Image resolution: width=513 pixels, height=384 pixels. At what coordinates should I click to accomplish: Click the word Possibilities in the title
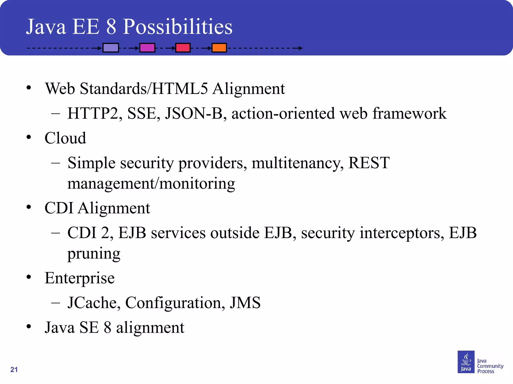[x=177, y=27]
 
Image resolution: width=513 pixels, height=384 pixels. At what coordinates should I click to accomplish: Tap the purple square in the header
[x=111, y=47]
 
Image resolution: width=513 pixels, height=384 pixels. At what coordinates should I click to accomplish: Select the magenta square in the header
[x=147, y=47]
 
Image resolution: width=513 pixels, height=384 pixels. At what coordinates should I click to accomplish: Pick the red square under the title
[x=183, y=47]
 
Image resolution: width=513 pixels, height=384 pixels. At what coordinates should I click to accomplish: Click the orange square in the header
[x=219, y=47]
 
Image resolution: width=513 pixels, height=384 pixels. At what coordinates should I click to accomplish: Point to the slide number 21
[x=14, y=369]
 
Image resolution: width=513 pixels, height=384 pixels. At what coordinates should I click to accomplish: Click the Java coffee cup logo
[x=466, y=362]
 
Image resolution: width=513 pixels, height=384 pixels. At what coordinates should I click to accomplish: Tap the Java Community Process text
[x=490, y=366]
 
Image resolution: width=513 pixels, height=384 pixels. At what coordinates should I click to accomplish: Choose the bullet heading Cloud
[x=65, y=138]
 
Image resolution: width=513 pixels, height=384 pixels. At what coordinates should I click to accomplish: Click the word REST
[x=369, y=163]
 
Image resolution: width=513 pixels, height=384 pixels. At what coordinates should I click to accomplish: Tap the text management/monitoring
[x=151, y=183]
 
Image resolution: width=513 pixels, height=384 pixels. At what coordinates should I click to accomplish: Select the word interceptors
[x=402, y=233]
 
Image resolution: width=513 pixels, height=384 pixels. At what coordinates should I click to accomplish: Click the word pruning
[x=94, y=253]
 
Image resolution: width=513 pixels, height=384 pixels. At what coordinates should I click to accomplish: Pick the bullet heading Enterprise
[x=79, y=278]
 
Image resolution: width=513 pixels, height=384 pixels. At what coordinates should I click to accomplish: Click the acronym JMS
[x=245, y=303]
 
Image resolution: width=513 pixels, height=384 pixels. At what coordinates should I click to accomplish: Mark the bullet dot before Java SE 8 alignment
[x=29, y=326]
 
